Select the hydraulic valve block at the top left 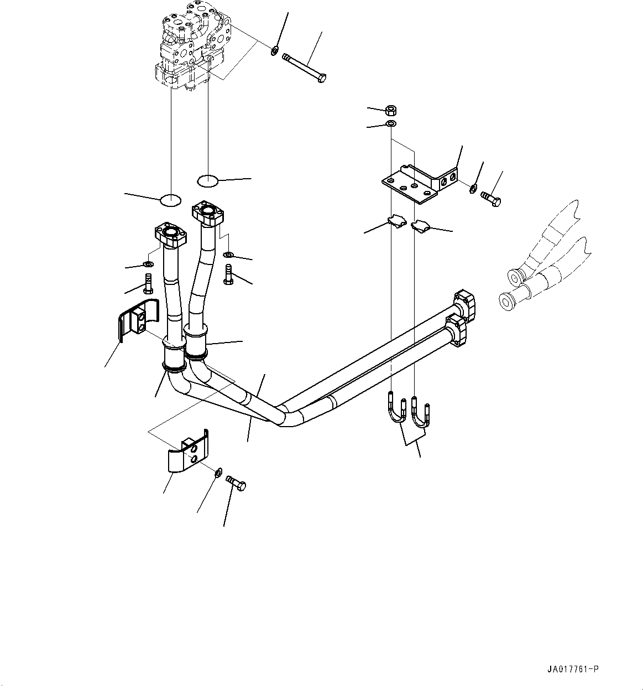pos(190,47)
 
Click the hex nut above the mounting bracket pos(389,109)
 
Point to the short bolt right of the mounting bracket pos(491,198)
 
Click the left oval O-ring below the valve pos(170,200)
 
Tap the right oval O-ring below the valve pos(208,180)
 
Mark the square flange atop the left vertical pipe pos(171,235)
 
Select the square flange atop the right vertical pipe pos(209,212)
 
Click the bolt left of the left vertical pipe pos(148,283)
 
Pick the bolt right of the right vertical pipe pos(228,274)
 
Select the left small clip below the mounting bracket pos(396,221)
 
